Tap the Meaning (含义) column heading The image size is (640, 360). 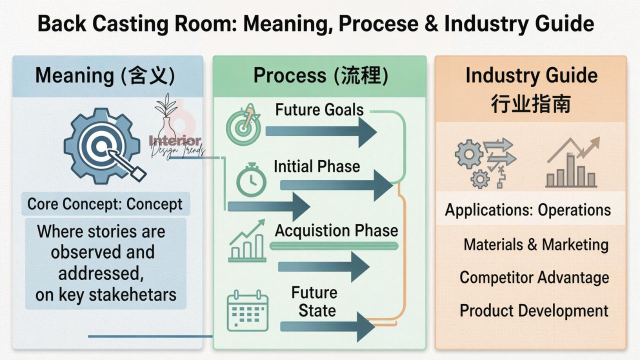click(x=105, y=75)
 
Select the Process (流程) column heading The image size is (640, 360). click(x=320, y=75)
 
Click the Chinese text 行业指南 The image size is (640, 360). click(x=530, y=104)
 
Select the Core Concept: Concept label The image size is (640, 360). click(x=105, y=204)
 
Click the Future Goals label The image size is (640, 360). click(x=319, y=109)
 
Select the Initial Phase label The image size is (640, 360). click(x=316, y=166)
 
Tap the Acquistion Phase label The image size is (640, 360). click(x=336, y=230)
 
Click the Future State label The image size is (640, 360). click(x=314, y=301)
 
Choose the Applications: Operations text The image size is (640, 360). click(x=527, y=210)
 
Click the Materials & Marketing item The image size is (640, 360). click(x=536, y=244)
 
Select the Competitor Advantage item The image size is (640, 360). click(x=534, y=277)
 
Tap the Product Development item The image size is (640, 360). click(x=534, y=310)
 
